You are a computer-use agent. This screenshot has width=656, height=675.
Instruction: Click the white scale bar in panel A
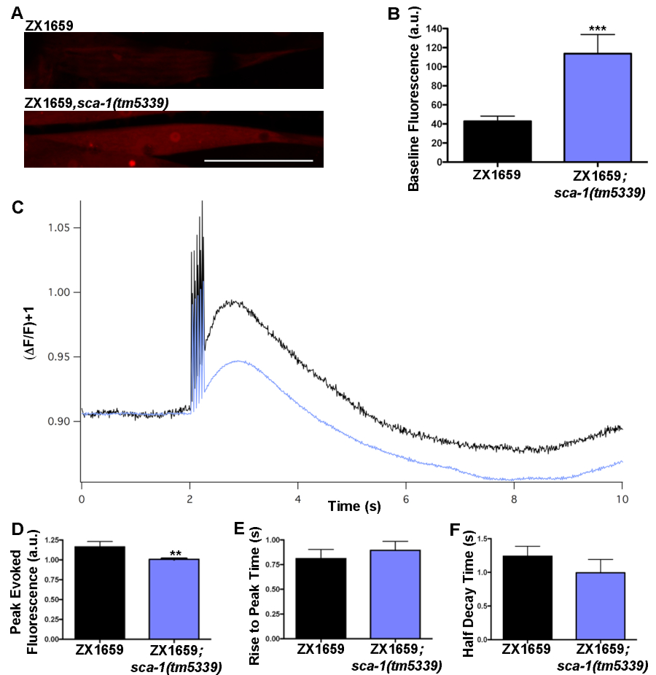coord(259,160)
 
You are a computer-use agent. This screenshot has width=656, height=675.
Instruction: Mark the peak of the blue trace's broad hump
coord(236,360)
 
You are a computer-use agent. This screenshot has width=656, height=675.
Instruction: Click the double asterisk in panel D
coord(175,553)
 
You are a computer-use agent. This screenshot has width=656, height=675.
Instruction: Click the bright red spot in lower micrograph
coord(132,163)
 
